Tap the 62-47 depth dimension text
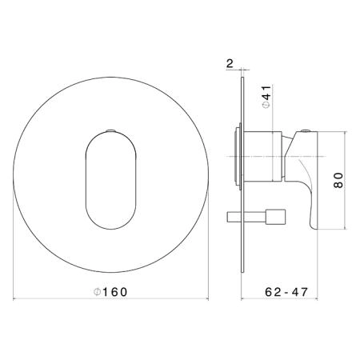pyautogui.click(x=286, y=292)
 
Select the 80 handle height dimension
pyautogui.click(x=338, y=180)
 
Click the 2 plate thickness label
pyautogui.click(x=230, y=63)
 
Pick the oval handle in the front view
pyautogui.click(x=111, y=180)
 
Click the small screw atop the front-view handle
pyautogui.click(x=110, y=130)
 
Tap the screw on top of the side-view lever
pyautogui.click(x=306, y=131)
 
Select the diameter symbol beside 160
pyautogui.click(x=97, y=292)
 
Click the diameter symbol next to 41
pyautogui.click(x=266, y=105)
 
